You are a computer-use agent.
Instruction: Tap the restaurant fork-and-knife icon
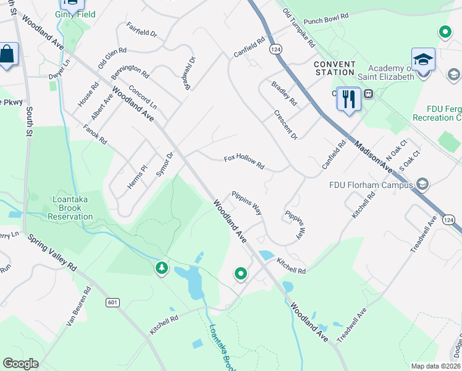349,98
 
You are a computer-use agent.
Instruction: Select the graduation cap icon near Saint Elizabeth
423,59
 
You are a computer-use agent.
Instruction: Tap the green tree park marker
162,268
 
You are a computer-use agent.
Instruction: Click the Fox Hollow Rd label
244,163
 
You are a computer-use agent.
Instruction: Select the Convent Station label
334,68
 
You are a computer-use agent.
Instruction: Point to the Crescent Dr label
285,124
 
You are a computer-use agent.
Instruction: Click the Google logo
20,364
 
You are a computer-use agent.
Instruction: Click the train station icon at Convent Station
368,94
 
